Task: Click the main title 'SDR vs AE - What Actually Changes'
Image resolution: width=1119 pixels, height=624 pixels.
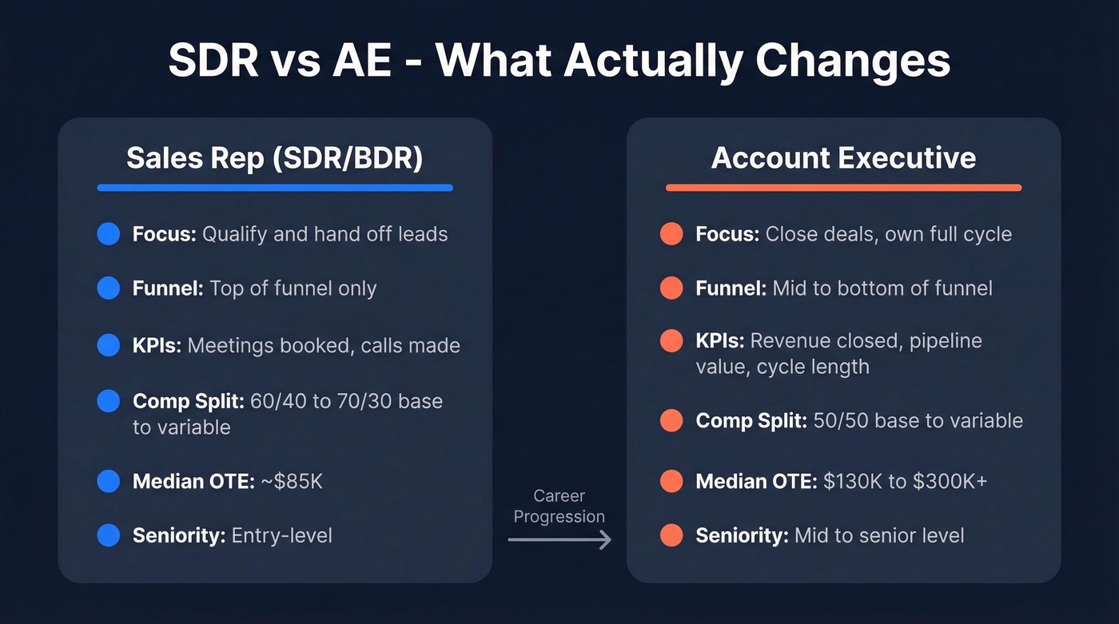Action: tap(559, 60)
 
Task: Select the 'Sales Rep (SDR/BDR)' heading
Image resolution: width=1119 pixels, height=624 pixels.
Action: tap(274, 158)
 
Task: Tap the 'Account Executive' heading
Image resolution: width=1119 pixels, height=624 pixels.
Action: tap(843, 158)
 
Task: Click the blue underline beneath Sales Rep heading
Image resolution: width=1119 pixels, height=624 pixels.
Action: tap(274, 188)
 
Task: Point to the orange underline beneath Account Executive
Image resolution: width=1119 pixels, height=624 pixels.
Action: tap(843, 188)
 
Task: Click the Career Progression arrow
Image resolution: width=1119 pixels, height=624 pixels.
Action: tap(559, 540)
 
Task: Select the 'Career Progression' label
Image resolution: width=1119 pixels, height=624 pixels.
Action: tap(559, 507)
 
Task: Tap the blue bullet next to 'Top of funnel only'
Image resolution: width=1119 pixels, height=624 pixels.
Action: tap(108, 288)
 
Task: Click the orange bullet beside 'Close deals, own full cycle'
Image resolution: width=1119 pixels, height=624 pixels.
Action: tap(671, 234)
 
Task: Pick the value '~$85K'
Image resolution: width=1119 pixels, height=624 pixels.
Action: tap(291, 481)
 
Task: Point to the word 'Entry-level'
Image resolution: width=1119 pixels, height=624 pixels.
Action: tap(281, 535)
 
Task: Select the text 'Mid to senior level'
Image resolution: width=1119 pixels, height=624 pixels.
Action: tap(879, 535)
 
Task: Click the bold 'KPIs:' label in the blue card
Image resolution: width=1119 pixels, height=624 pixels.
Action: tap(157, 346)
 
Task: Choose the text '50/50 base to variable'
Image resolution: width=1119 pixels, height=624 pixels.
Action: tap(918, 421)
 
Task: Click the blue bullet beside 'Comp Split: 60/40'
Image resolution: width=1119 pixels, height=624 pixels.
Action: tap(108, 401)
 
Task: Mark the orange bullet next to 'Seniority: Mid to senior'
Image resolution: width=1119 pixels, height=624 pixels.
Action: tap(671, 535)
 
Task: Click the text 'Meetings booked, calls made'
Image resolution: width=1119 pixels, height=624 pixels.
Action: tap(324, 346)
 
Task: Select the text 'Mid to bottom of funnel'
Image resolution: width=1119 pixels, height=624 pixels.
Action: tap(882, 288)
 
